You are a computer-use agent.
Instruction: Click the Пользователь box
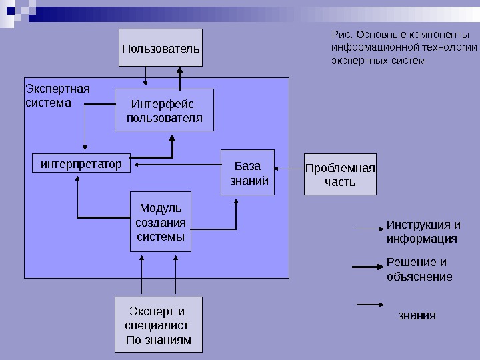click(160, 48)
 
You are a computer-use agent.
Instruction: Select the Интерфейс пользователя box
click(164, 111)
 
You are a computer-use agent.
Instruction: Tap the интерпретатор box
click(81, 163)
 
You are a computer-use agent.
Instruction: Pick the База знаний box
click(248, 173)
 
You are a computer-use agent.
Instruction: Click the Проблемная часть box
click(340, 175)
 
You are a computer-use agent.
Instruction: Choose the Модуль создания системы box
click(161, 222)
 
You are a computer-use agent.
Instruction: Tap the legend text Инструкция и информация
click(423, 231)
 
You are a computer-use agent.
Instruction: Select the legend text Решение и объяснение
click(419, 269)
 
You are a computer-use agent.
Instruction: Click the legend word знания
click(417, 315)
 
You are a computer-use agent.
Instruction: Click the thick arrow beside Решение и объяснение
click(366, 267)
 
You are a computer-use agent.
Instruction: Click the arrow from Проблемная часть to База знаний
click(289, 168)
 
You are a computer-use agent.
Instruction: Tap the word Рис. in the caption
click(341, 35)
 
